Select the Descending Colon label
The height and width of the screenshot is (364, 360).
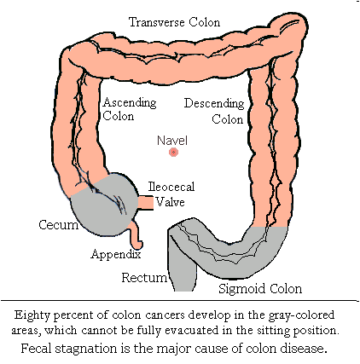pos(214,111)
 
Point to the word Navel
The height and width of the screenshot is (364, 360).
pos(172,139)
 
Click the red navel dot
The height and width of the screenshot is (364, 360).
pos(173,153)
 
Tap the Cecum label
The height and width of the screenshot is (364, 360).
pos(58,225)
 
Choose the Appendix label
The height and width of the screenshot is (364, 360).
pos(116,253)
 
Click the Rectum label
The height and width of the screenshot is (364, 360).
pos(138,278)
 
